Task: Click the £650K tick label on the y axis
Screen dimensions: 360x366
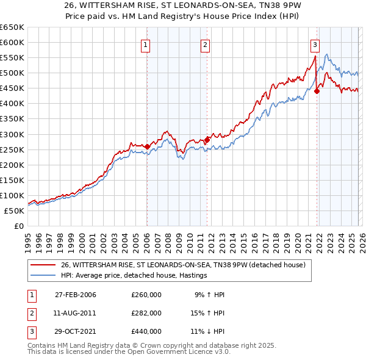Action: click(x=13, y=27)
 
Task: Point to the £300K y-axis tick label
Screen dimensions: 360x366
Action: click(x=13, y=134)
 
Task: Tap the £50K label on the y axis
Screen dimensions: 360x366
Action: click(x=15, y=211)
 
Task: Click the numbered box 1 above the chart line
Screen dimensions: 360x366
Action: click(x=146, y=44)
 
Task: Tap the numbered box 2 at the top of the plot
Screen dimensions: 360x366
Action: click(x=206, y=44)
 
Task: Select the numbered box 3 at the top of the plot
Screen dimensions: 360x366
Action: click(x=315, y=44)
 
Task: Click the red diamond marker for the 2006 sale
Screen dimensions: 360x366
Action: click(x=147, y=146)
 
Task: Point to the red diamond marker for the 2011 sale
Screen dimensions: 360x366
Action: click(x=207, y=140)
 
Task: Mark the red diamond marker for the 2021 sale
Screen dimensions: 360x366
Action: click(x=317, y=92)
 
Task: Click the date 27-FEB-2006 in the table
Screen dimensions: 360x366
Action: click(x=76, y=295)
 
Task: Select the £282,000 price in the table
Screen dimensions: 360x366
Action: click(x=146, y=313)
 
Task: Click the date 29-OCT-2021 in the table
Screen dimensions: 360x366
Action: click(x=76, y=331)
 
